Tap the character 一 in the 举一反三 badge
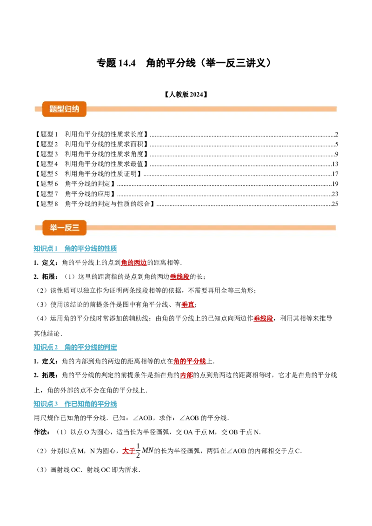tap(61, 228)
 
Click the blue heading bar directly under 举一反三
tap(76, 248)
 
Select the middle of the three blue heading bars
tap(76, 347)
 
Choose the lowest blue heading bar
tap(76, 403)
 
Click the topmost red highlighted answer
tap(133, 263)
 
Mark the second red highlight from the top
tap(179, 277)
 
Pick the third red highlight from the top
tap(187, 305)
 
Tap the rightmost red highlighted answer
tap(264, 319)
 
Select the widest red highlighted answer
tap(190, 362)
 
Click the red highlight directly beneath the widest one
tap(186, 375)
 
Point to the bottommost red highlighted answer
tap(127, 451)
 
